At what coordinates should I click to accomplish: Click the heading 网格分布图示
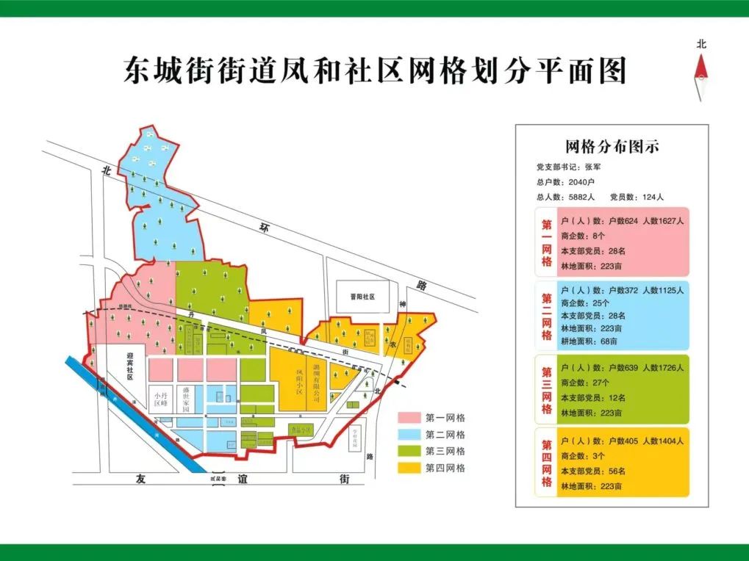click(x=612, y=146)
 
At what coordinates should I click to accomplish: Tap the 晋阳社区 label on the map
click(x=362, y=297)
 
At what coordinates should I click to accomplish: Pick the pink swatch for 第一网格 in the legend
click(x=410, y=417)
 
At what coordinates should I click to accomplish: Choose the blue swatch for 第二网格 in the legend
click(x=410, y=434)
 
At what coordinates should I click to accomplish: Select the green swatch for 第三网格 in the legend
click(x=410, y=451)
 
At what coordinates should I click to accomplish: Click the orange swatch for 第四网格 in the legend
click(x=410, y=468)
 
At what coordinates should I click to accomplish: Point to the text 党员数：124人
click(x=637, y=197)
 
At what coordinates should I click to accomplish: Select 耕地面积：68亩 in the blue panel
click(x=589, y=341)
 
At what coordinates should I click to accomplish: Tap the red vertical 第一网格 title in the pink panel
click(x=547, y=243)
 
